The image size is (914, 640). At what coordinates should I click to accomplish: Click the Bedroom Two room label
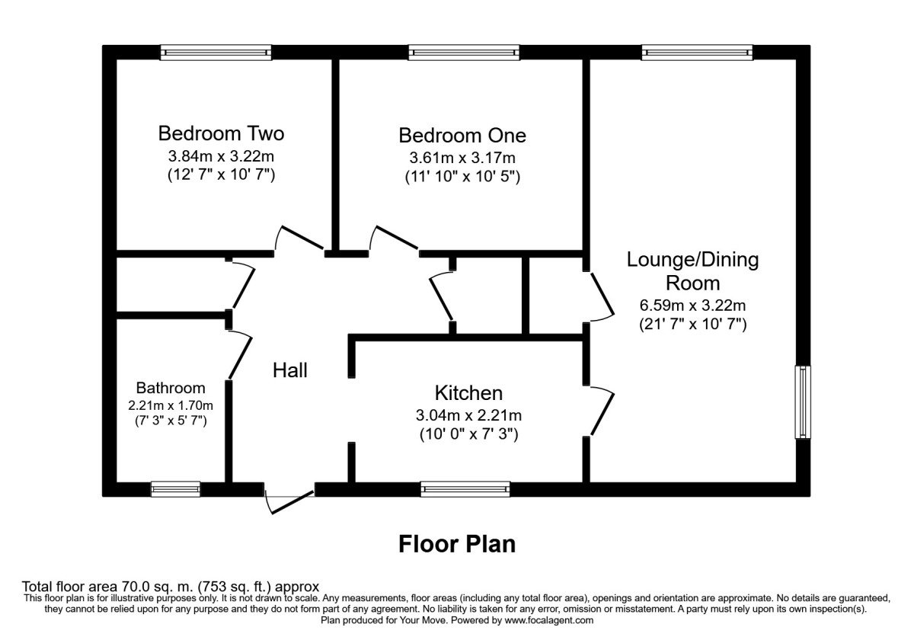[x=221, y=134]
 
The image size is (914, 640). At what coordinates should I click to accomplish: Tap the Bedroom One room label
[x=462, y=136]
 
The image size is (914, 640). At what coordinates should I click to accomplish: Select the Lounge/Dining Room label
[x=692, y=271]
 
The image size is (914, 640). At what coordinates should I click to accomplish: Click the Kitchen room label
[x=468, y=393]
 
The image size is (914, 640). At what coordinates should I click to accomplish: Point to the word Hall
[x=290, y=371]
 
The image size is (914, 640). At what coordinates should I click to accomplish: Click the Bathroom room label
[x=171, y=388]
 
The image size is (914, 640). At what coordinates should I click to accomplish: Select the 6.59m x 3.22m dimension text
[x=692, y=306]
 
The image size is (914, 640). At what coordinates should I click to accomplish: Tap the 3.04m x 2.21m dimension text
[x=468, y=416]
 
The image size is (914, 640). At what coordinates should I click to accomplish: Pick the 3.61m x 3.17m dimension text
[x=462, y=158]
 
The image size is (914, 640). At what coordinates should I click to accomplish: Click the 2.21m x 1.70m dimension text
[x=171, y=405]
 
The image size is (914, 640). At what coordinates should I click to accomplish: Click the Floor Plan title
[x=457, y=544]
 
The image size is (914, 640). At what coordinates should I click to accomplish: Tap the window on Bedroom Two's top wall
[x=216, y=53]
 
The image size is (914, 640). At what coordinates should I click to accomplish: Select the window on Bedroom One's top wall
[x=464, y=53]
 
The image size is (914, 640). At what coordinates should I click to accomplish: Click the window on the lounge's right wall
[x=803, y=402]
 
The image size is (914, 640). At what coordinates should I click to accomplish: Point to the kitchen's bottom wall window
[x=465, y=489]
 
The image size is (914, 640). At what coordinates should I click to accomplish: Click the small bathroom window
[x=175, y=489]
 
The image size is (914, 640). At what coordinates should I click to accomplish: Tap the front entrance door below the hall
[x=289, y=499]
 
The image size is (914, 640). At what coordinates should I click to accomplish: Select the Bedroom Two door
[x=301, y=239]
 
